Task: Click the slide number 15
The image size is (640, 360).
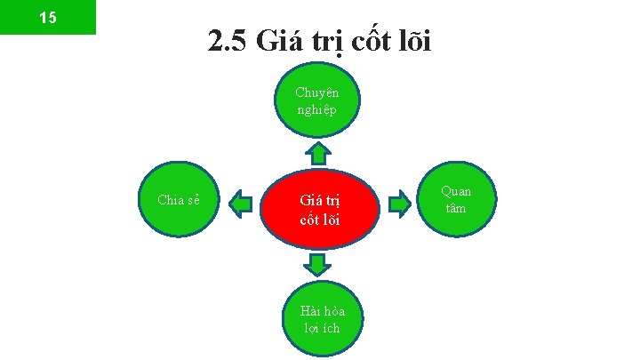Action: tap(47, 17)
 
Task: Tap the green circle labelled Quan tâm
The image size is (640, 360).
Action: tap(457, 201)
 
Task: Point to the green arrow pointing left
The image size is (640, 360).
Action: tap(240, 204)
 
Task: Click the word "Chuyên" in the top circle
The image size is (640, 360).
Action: tap(317, 92)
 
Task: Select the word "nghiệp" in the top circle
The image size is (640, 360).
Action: tap(317, 108)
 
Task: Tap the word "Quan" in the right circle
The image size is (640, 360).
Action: tap(457, 192)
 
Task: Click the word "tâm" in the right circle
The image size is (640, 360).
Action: tap(457, 208)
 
